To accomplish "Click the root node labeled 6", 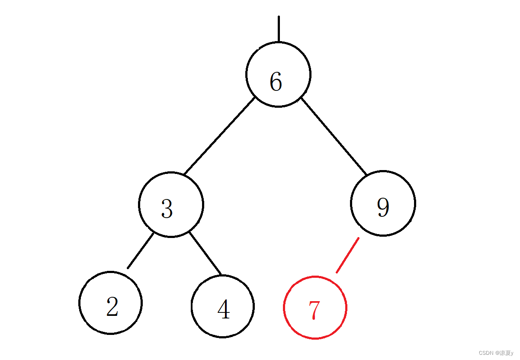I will pyautogui.click(x=278, y=74).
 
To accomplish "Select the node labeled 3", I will pyautogui.click(x=171, y=204).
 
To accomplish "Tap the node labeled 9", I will pyautogui.click(x=383, y=203).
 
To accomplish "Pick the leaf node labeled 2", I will pyautogui.click(x=110, y=303).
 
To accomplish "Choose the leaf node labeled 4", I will pyautogui.click(x=222, y=306).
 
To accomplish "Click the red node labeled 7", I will pyautogui.click(x=315, y=307).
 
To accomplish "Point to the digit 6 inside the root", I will pyautogui.click(x=276, y=81).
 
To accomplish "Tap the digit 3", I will pyautogui.click(x=167, y=209).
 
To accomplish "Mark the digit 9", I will pyautogui.click(x=383, y=208).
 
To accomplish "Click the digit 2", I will pyautogui.click(x=112, y=307).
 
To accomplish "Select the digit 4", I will pyautogui.click(x=223, y=310).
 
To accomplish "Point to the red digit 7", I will pyautogui.click(x=314, y=310).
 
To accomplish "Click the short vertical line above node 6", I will pyautogui.click(x=279, y=29).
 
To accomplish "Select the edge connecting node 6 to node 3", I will pyautogui.click(x=219, y=136).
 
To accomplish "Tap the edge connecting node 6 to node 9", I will pyautogui.click(x=334, y=136).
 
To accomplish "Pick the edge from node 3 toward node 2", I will pyautogui.click(x=140, y=251).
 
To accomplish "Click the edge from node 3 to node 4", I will pyautogui.click(x=205, y=254).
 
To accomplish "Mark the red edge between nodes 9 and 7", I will pyautogui.click(x=347, y=255).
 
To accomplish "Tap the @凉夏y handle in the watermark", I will pyautogui.click(x=504, y=353).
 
